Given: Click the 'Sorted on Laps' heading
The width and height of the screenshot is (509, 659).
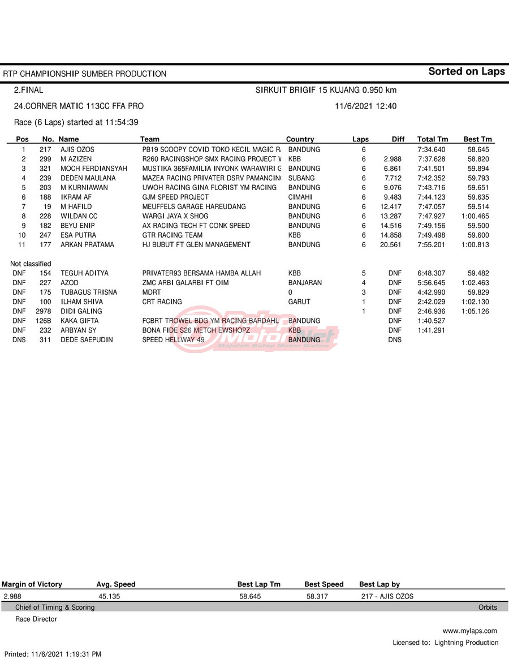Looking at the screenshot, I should point(466,71).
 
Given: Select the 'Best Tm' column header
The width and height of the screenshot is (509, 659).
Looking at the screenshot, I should point(478,139).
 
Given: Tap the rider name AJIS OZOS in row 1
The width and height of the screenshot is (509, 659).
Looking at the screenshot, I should point(77,149).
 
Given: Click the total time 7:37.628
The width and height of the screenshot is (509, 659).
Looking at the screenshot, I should point(431,159).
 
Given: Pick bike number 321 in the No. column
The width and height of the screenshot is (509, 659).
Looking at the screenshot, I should point(45,169).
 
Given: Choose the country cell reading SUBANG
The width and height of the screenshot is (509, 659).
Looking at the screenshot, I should point(301,178).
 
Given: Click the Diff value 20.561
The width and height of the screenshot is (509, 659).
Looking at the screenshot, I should point(391,244).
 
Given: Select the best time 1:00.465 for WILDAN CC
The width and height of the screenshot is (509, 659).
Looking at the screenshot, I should point(476,216).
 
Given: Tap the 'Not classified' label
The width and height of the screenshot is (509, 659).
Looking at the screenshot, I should point(31,264).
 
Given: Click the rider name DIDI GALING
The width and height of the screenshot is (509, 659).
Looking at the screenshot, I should point(81,311).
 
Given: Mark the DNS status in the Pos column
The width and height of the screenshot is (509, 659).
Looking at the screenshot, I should point(19,339).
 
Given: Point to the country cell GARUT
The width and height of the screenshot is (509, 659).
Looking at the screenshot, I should point(299,301).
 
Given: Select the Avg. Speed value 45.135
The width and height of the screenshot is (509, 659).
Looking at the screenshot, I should point(109,596).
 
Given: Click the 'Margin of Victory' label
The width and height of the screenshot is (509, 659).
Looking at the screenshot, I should point(32,584).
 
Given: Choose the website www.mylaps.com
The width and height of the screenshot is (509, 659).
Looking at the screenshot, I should point(469,631).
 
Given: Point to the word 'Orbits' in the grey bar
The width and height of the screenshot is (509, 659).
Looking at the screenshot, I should point(488,608).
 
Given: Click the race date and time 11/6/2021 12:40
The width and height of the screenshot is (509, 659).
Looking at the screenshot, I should point(365,106).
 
